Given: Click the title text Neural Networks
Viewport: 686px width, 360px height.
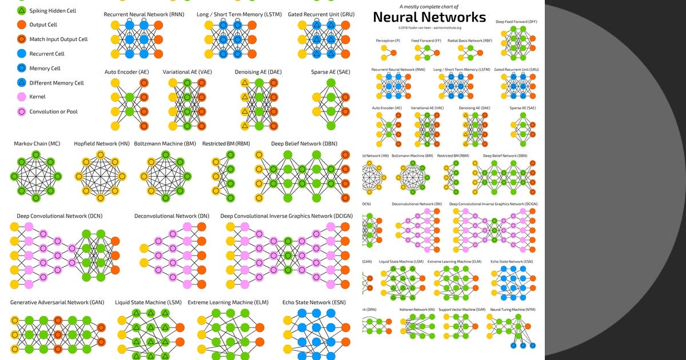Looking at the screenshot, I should (x=429, y=17).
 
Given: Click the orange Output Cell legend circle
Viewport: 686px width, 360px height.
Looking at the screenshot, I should (x=21, y=25).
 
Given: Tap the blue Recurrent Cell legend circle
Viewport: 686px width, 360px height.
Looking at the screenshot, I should (x=21, y=54).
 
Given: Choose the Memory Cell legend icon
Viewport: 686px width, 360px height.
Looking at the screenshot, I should (x=21, y=69).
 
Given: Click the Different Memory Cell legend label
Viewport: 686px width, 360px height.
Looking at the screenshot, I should (x=57, y=83).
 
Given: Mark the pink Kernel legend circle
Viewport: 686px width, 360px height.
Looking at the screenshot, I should (x=21, y=97).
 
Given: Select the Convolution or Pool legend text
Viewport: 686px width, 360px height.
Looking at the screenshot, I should (x=54, y=112).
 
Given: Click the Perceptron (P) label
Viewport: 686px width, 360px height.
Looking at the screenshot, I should (x=388, y=41).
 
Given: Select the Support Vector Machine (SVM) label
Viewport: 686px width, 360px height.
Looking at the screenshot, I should (x=462, y=309).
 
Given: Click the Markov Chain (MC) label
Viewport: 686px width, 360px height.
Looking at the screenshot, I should (x=37, y=143).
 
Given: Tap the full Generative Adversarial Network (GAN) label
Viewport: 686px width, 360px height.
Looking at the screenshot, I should (x=57, y=302).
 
